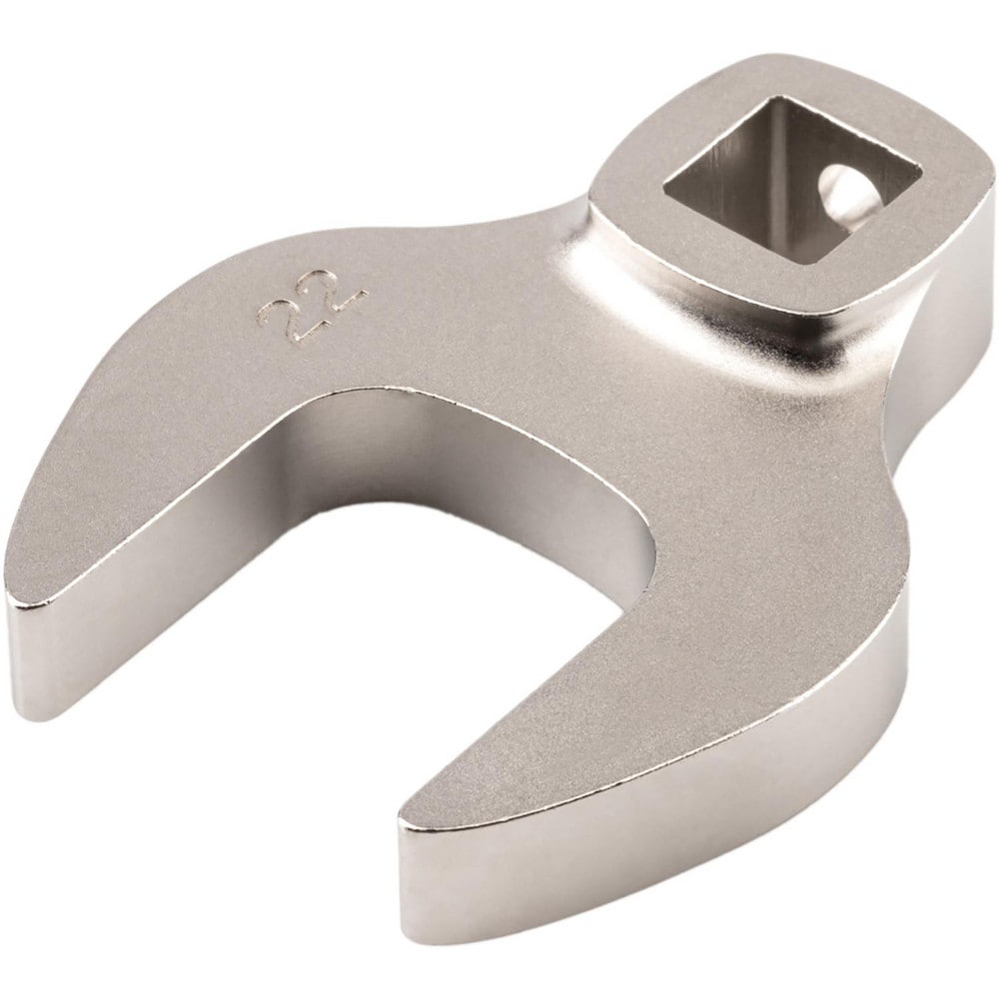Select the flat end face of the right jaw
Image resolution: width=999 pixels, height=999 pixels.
pyautogui.click(x=440, y=879)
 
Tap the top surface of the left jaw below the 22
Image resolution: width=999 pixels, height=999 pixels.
pyautogui.click(x=180, y=450)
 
